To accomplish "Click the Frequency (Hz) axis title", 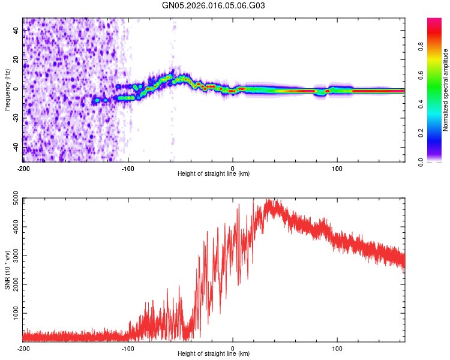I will [7, 90].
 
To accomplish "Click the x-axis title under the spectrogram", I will [214, 173].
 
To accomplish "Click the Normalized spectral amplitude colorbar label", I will [445, 90].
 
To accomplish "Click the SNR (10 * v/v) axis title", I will [7, 270].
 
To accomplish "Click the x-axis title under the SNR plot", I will [214, 354].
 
